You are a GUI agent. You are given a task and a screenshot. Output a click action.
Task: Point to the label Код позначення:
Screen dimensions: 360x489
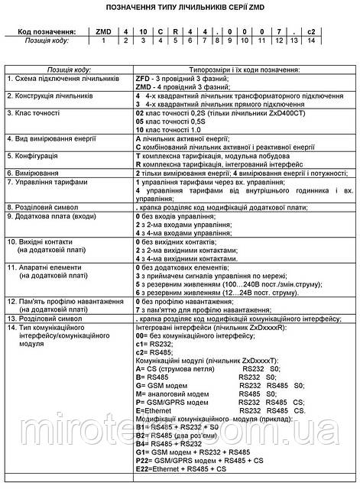point(41,31)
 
